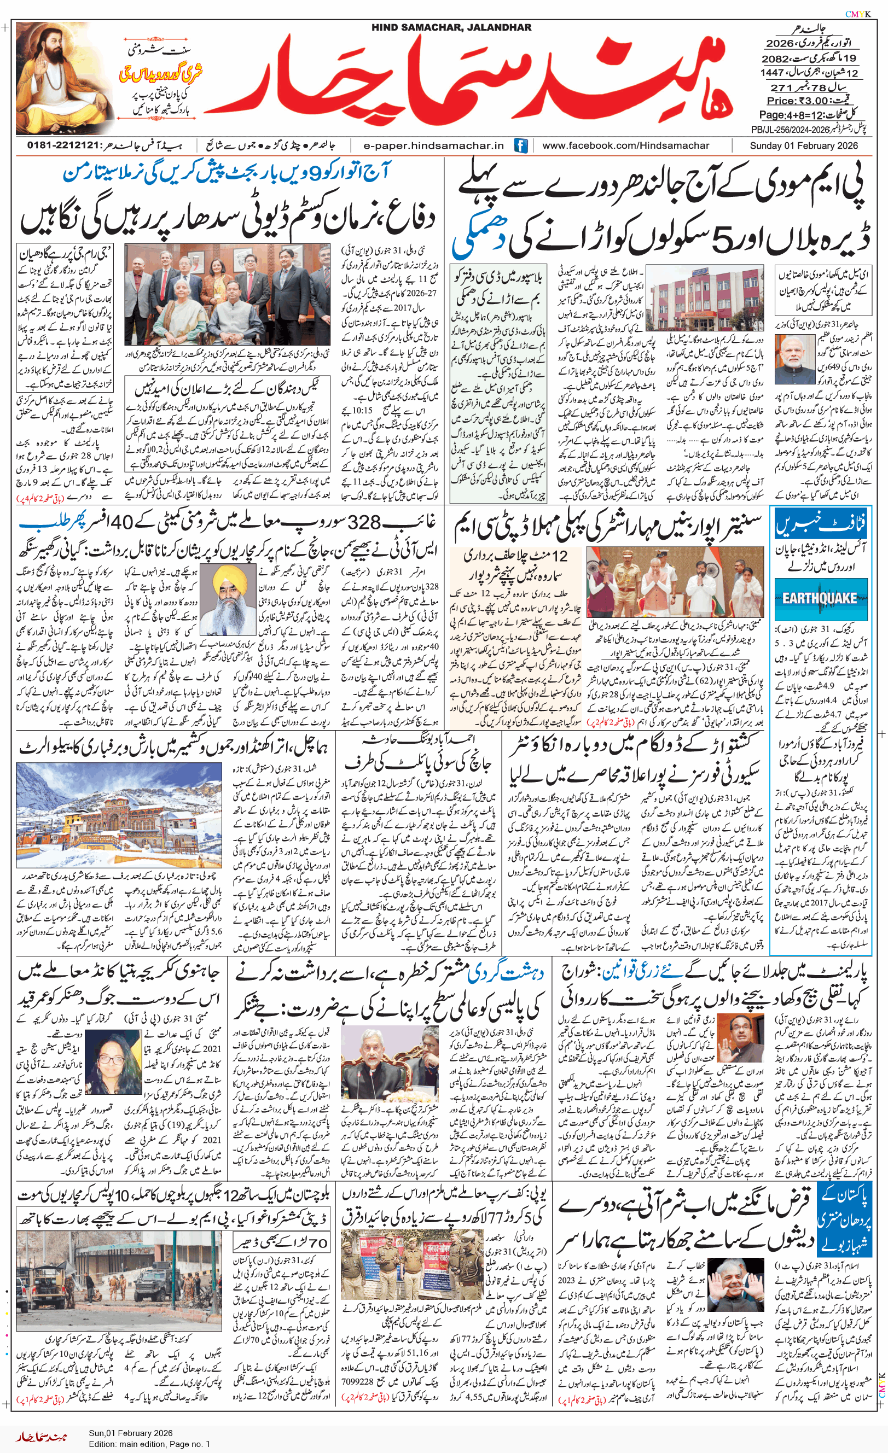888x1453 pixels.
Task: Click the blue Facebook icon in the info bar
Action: [x=520, y=145]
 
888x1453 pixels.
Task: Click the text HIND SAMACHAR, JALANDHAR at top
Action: [x=451, y=27]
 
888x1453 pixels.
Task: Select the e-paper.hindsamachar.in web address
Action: [x=434, y=145]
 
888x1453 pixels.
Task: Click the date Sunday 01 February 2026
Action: [x=804, y=145]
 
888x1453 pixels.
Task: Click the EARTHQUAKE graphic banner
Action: [x=820, y=599]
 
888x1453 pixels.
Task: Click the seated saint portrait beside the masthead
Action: [x=63, y=78]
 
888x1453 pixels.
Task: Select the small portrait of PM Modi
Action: [x=794, y=359]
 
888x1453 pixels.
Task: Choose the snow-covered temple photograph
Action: [x=119, y=814]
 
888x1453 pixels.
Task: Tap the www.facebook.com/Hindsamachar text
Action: [x=626, y=145]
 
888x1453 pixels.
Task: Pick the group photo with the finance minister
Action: [x=227, y=294]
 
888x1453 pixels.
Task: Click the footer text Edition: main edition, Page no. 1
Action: [x=149, y=1444]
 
